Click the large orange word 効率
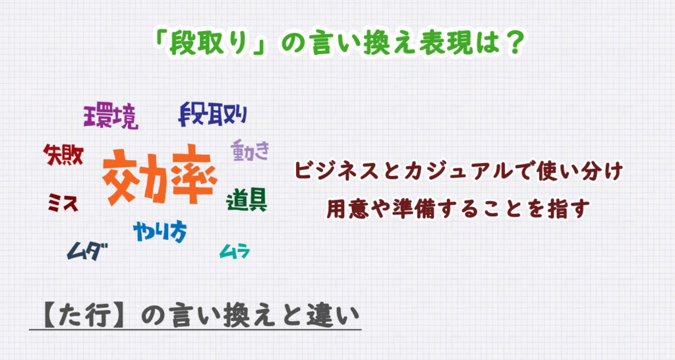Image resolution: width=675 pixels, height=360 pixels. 160,175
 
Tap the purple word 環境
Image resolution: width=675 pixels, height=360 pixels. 111,115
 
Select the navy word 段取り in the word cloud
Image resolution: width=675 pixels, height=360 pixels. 213,114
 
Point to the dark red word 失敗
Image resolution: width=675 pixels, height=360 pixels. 63,155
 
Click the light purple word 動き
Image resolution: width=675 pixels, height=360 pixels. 250,150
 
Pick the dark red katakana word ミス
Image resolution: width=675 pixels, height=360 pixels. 63,202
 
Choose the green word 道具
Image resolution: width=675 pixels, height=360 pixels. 247,200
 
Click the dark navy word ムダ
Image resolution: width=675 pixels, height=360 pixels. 87,251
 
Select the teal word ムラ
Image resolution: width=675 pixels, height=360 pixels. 235,251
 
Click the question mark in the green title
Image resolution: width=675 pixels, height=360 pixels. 514,43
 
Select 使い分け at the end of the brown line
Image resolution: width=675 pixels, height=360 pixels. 580,171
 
